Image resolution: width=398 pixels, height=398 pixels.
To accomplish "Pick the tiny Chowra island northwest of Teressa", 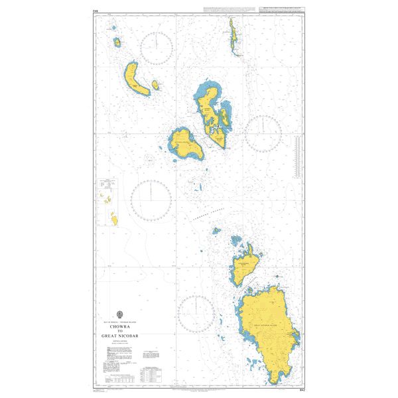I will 117,42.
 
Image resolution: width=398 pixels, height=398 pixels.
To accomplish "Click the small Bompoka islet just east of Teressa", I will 155,85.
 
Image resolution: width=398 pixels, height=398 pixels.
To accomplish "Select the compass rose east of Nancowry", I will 263,133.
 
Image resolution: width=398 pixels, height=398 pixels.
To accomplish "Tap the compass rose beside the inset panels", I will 151,200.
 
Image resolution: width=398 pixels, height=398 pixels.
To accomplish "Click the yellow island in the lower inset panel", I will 113,218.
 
